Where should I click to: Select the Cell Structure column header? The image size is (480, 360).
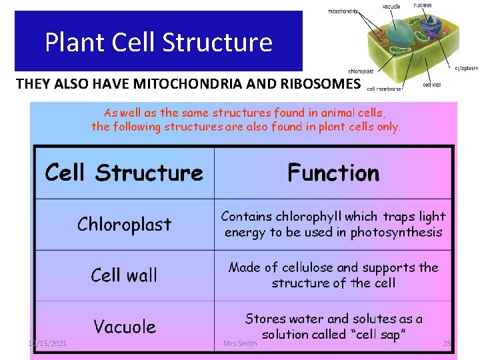click(124, 173)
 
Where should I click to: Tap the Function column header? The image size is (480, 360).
click(333, 173)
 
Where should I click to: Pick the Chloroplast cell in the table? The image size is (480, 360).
click(124, 224)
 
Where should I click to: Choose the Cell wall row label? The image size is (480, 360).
click(124, 275)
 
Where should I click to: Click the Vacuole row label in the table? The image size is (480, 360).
click(124, 327)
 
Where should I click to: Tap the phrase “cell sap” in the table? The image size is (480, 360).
click(377, 334)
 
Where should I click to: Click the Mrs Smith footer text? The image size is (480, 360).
click(239, 343)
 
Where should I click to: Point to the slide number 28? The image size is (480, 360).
click(447, 343)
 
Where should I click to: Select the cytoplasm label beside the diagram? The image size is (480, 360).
click(466, 67)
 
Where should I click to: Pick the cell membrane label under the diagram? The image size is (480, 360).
click(384, 89)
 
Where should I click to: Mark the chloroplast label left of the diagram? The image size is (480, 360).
click(361, 71)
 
